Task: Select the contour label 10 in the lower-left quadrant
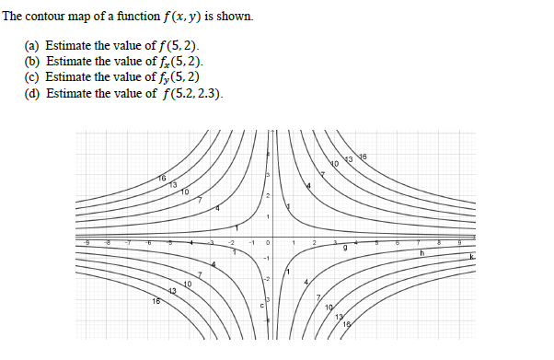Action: [x=188, y=285]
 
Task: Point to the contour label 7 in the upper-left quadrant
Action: [x=199, y=199]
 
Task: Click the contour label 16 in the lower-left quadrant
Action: [x=156, y=301]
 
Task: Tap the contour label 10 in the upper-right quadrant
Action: [x=336, y=166]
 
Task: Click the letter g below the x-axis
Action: [x=345, y=248]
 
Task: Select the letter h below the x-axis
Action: [x=421, y=250]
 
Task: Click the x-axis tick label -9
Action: [x=88, y=242]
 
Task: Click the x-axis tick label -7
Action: [x=130, y=242]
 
